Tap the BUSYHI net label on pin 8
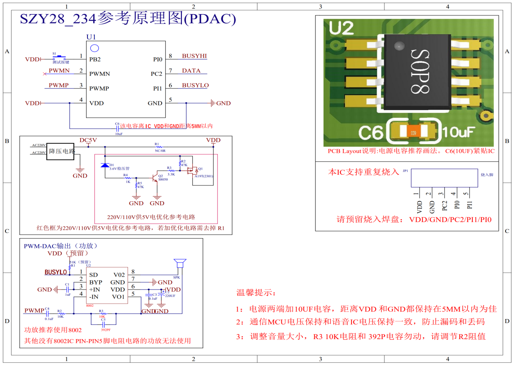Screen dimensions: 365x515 [x=194, y=56]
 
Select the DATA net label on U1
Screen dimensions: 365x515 [x=191, y=71]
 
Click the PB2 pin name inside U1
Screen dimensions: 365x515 [x=95, y=59]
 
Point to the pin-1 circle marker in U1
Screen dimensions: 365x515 [x=94, y=48]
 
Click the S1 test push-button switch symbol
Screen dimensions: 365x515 [x=59, y=57]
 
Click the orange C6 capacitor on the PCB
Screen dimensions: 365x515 [x=413, y=132]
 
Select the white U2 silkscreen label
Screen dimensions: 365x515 [x=341, y=28]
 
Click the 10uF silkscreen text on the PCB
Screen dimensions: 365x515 [x=459, y=132]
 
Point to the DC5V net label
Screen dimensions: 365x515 [x=88, y=140]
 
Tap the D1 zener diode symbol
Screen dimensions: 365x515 [x=105, y=166]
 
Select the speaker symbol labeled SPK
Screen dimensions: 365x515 [x=180, y=263]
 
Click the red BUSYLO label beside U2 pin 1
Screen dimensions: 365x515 [x=56, y=272]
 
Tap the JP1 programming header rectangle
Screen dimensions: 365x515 [x=444, y=178]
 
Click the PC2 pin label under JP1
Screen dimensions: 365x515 [x=444, y=206]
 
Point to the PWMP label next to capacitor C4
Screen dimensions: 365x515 [x=34, y=311]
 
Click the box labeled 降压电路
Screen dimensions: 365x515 [x=61, y=151]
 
